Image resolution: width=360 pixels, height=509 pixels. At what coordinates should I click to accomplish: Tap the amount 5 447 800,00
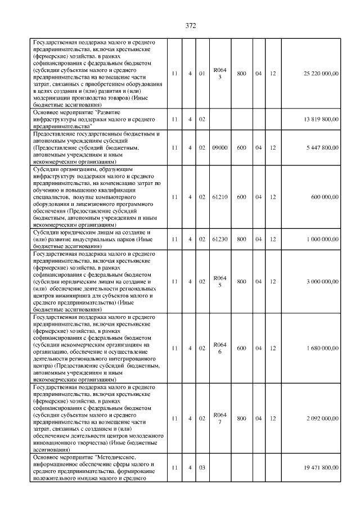point(322,147)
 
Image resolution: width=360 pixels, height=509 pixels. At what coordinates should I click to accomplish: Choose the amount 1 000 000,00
point(322,239)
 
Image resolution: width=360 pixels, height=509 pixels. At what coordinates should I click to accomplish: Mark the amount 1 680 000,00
point(322,349)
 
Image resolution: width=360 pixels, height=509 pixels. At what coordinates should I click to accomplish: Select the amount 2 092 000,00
point(322,419)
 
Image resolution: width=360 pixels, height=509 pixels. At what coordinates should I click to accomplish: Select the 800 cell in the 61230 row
point(241,239)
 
